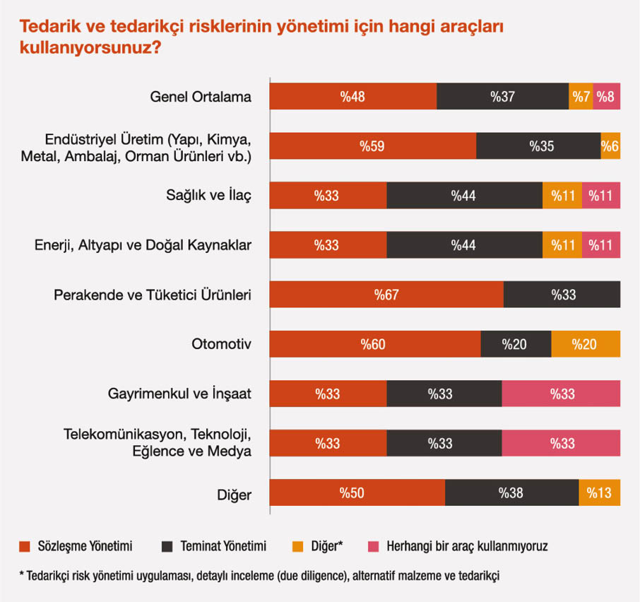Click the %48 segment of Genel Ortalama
tap(352, 97)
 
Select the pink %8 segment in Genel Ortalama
tap(606, 97)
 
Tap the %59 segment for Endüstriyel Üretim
tap(372, 146)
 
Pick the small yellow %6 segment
tap(610, 146)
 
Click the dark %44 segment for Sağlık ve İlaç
tap(464, 196)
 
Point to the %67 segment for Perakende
tap(386, 295)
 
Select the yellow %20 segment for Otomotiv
tap(585, 344)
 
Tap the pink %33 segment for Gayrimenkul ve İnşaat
tap(561, 394)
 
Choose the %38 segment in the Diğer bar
tap(511, 492)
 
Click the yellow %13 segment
tap(599, 492)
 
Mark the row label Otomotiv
tap(222, 345)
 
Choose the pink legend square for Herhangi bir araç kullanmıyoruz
tap(374, 546)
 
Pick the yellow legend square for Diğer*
tap(297, 546)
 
